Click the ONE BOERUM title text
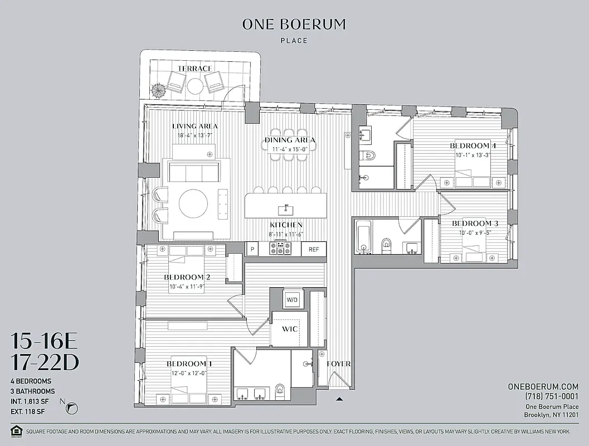294,25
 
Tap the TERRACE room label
194,69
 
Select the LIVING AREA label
194,126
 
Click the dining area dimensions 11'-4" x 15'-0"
289,149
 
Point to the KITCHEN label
286,225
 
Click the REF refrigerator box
314,249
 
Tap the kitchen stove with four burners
278,249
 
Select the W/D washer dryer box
292,299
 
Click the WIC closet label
290,329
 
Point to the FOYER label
338,364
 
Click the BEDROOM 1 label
188,364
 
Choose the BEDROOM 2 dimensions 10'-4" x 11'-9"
187,287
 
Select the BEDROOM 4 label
473,146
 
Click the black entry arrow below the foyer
339,399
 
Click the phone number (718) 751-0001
551,396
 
